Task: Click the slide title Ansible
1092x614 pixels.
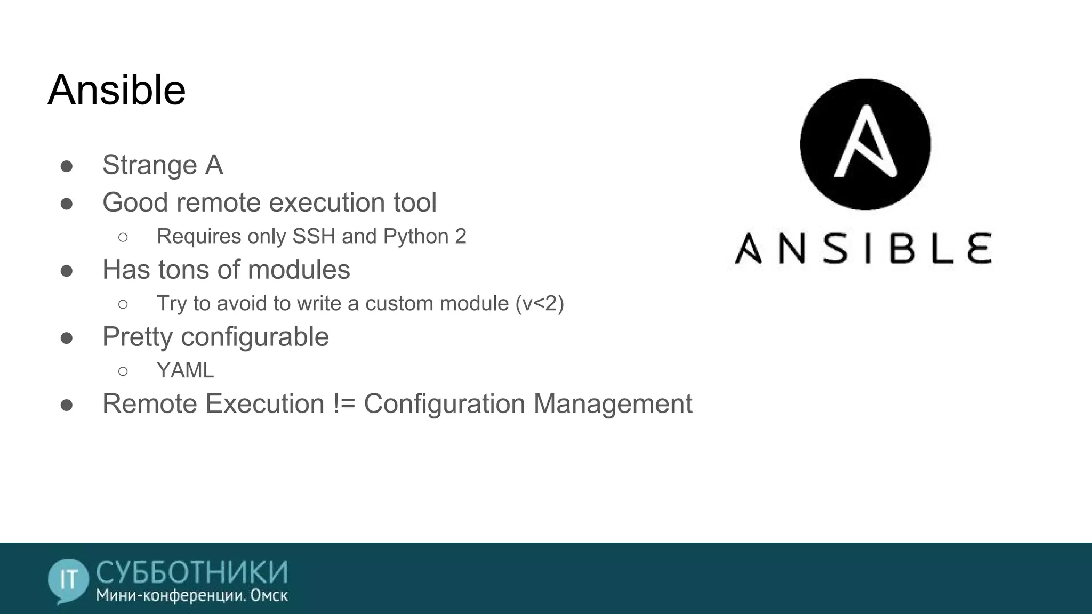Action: (117, 90)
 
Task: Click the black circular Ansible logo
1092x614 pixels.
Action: (865, 144)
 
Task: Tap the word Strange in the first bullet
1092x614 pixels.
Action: (149, 165)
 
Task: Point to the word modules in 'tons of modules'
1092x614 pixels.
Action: (299, 270)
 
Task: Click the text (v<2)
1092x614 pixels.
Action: (539, 303)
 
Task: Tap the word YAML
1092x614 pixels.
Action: (185, 370)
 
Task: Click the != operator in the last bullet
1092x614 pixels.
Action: (344, 403)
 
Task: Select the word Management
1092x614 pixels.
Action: (613, 403)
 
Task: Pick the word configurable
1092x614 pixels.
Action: (255, 337)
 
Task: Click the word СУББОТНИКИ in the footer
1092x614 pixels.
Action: (192, 572)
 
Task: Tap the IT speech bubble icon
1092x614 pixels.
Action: (68, 580)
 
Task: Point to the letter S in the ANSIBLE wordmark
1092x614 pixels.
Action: (834, 248)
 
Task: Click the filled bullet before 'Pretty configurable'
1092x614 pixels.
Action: (67, 338)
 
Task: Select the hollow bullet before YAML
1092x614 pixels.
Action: (123, 371)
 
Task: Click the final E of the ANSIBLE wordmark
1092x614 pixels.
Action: (979, 248)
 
